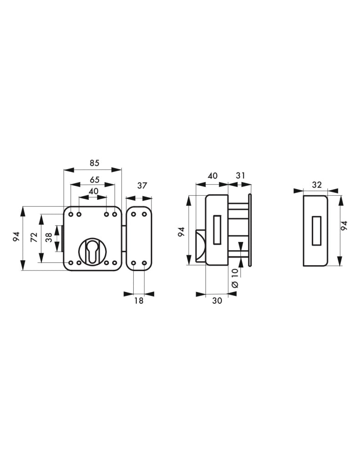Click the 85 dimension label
click(95, 163)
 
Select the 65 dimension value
click(95, 180)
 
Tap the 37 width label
click(142, 186)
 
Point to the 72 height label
click(35, 237)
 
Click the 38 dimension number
click(49, 237)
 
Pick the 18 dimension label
click(139, 301)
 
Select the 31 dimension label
click(240, 176)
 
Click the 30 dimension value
click(217, 301)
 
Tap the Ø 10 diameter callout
click(235, 278)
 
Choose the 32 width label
click(317, 185)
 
